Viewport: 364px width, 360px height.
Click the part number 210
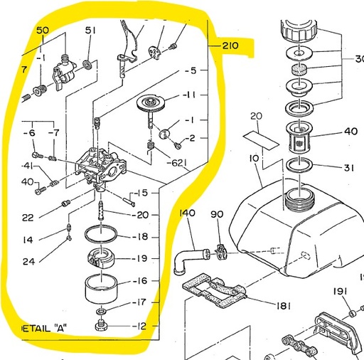[230, 47]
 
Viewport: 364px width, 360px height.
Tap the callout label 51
[90, 31]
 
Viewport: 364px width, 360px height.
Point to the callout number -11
[188, 95]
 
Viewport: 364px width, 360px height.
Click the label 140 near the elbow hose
[187, 213]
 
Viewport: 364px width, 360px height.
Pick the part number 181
[283, 307]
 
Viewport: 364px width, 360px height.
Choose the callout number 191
[341, 292]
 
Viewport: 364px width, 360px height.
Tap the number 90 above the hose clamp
[217, 214]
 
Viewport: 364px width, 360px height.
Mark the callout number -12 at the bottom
[139, 327]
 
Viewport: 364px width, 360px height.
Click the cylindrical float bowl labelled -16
[100, 289]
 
